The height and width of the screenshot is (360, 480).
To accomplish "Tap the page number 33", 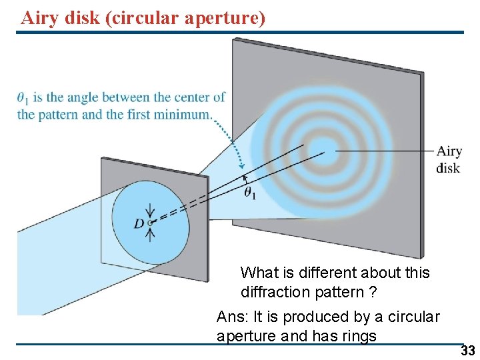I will click(x=467, y=351).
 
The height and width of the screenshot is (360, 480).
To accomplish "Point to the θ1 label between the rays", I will click(x=251, y=193).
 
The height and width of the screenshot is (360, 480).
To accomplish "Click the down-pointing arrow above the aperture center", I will click(x=149, y=209).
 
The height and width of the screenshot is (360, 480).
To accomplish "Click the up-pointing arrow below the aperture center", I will click(x=150, y=233).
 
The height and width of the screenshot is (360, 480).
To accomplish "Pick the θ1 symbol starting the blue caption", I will click(x=23, y=99).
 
